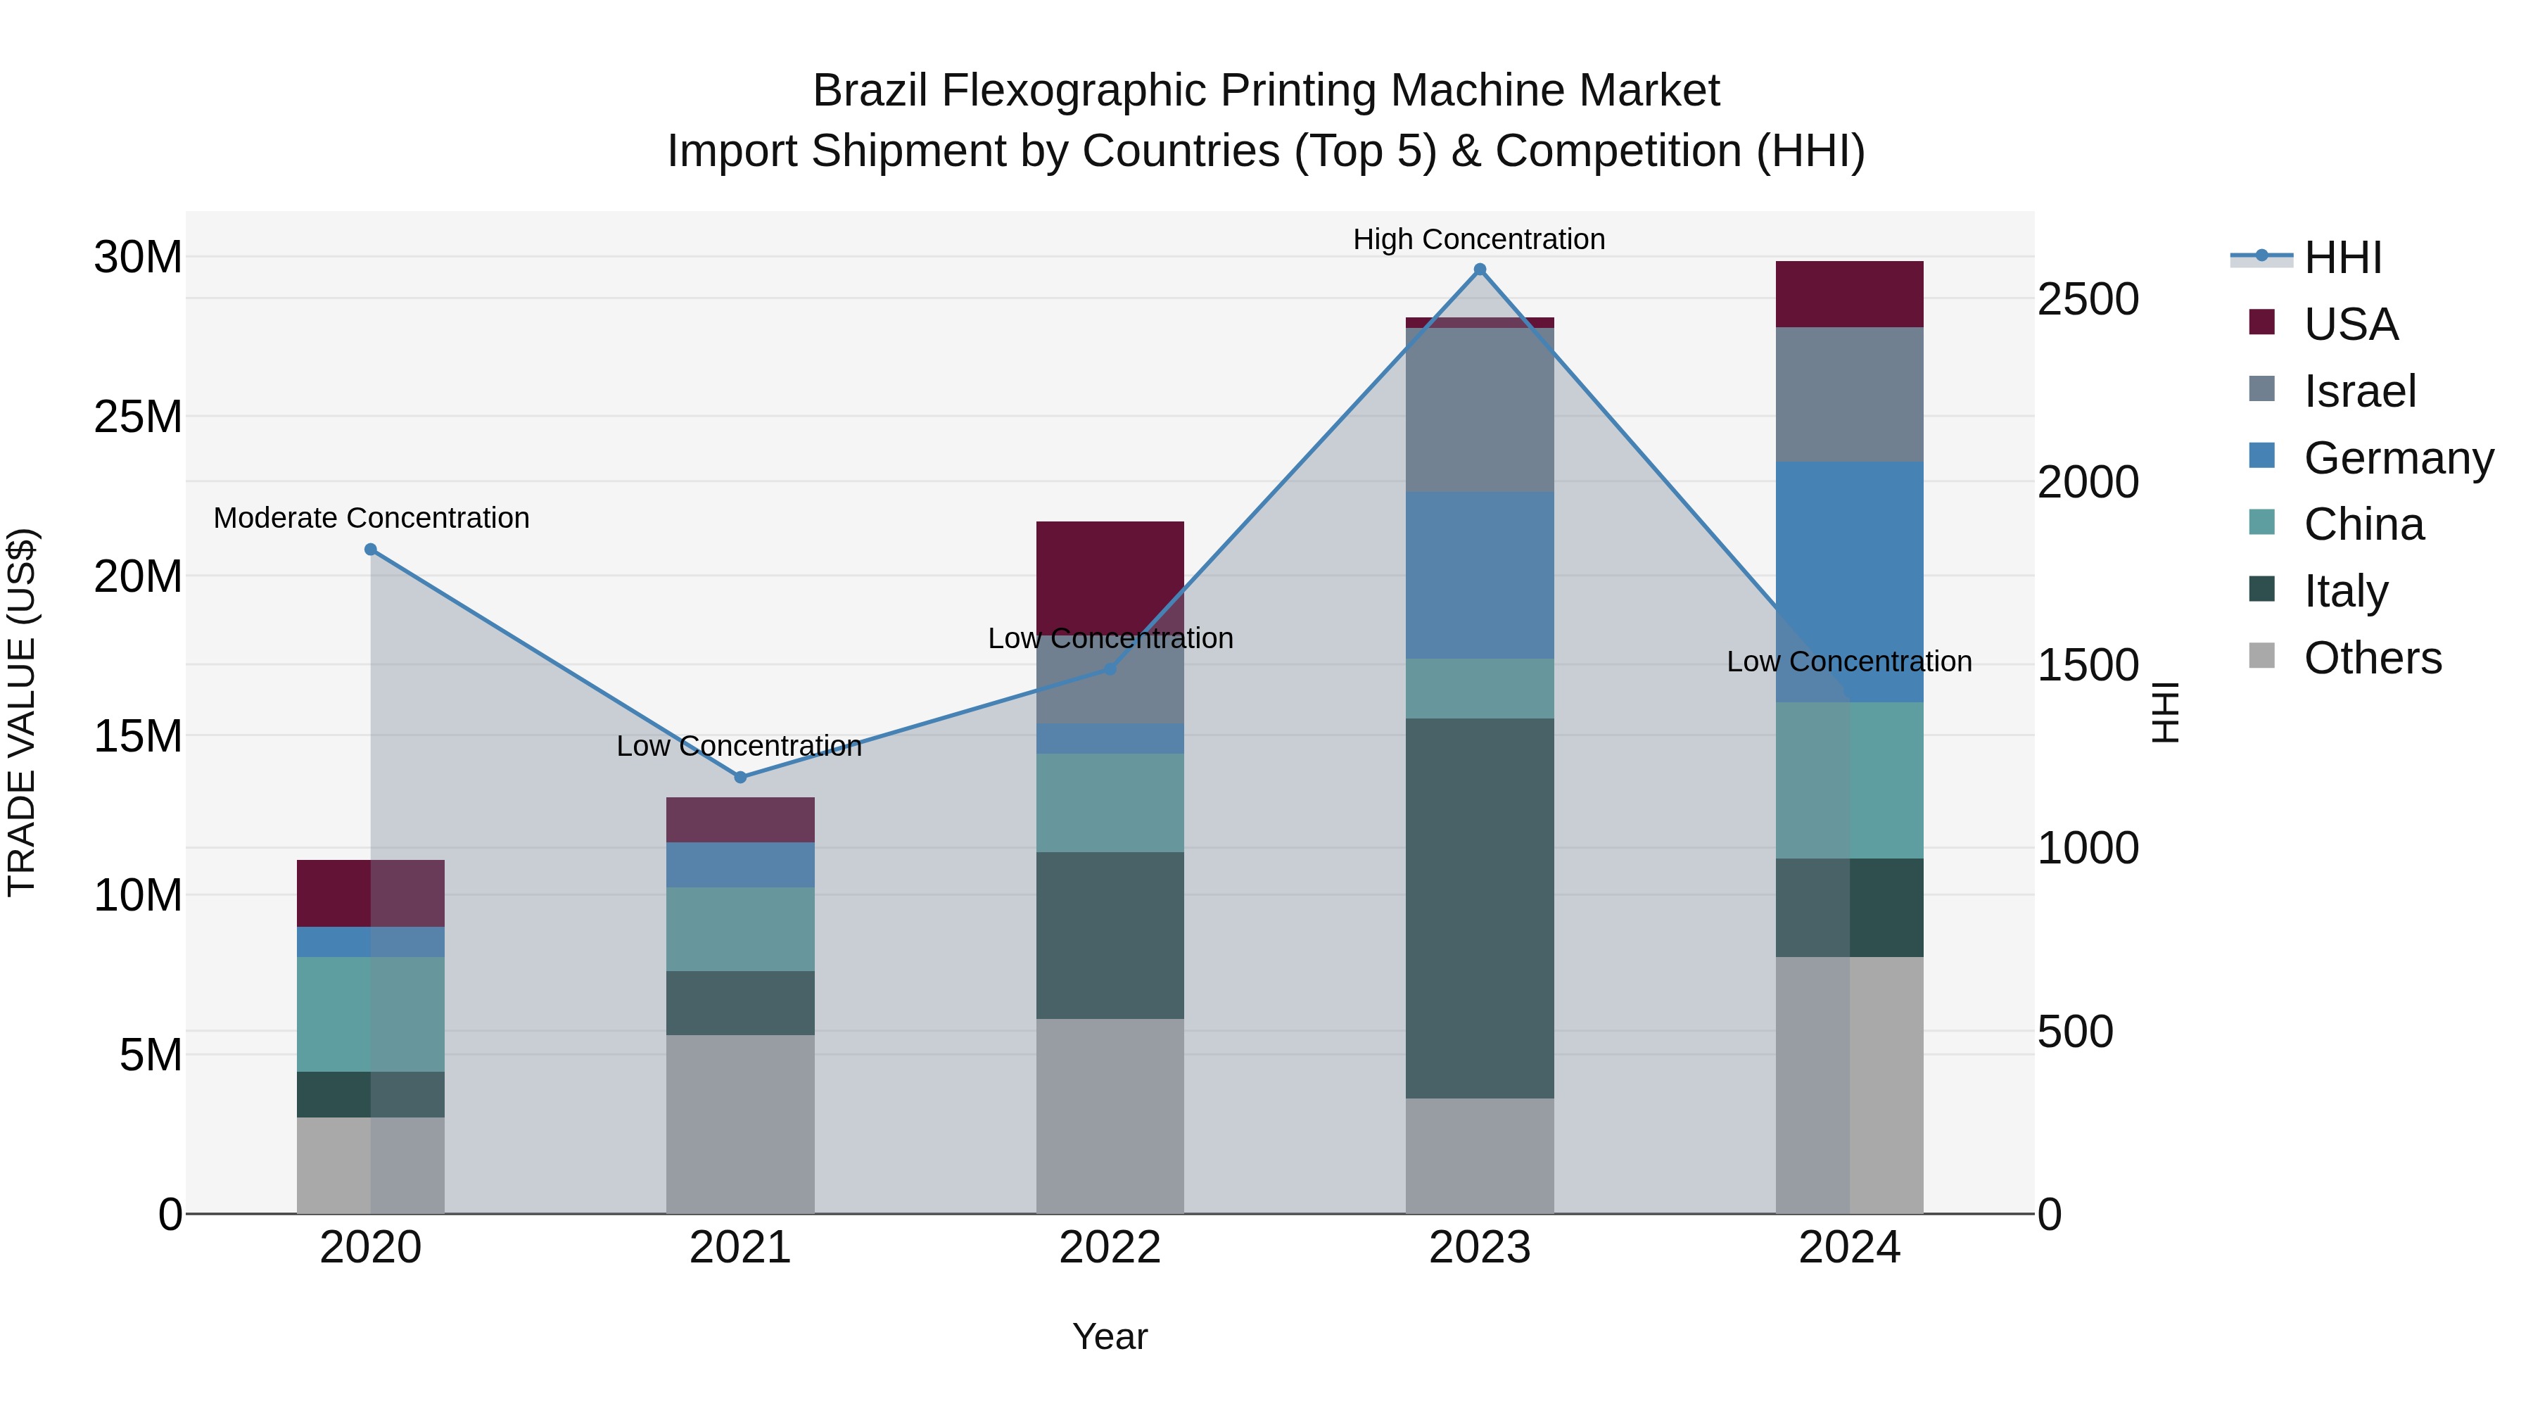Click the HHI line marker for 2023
coord(1479,270)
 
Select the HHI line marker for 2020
coord(371,550)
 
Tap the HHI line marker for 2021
coord(740,777)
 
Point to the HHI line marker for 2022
coord(1110,669)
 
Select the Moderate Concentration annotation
coord(371,517)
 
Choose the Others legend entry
coord(2372,658)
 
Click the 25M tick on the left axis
coord(138,417)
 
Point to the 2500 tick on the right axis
coord(2088,299)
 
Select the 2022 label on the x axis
coord(1110,1248)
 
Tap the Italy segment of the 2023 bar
coord(1479,908)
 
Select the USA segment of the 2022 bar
coord(1110,576)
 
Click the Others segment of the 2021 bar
coord(740,1123)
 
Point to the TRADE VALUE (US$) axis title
coord(22,712)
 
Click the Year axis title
coord(1110,1336)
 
